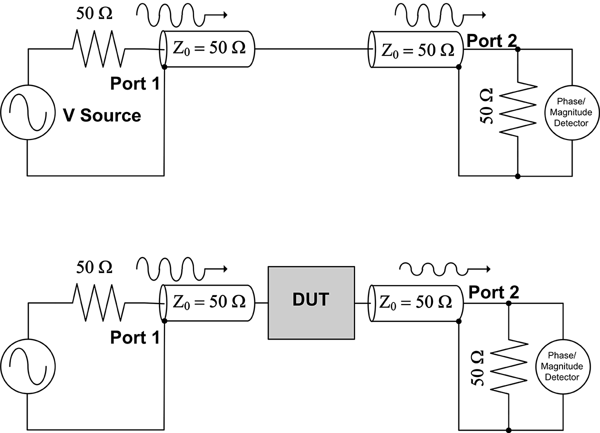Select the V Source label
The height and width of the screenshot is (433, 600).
tap(101, 115)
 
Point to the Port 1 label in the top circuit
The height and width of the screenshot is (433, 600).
tap(135, 83)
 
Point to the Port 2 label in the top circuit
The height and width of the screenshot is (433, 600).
tap(492, 40)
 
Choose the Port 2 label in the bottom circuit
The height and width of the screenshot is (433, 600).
tap(494, 293)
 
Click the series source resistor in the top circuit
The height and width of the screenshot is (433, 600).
tap(98, 48)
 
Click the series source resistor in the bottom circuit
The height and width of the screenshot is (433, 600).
tap(98, 302)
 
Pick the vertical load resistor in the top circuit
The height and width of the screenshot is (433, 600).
tap(518, 108)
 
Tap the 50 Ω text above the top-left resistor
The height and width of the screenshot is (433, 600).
tap(94, 13)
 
